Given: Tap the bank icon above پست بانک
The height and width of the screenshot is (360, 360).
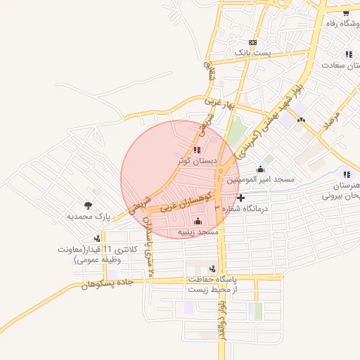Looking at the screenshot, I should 252,42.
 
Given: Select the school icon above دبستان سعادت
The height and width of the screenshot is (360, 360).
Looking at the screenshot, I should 348,54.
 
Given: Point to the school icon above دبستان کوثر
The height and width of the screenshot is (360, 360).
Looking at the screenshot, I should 196,150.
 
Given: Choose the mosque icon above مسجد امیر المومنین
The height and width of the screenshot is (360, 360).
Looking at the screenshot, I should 261,169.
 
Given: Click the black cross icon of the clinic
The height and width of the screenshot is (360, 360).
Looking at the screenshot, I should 240,199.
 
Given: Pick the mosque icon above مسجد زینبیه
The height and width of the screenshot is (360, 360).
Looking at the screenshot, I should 197,222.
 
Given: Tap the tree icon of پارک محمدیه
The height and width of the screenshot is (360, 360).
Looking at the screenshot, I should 87,205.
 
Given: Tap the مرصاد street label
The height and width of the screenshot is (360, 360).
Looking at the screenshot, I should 330,119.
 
